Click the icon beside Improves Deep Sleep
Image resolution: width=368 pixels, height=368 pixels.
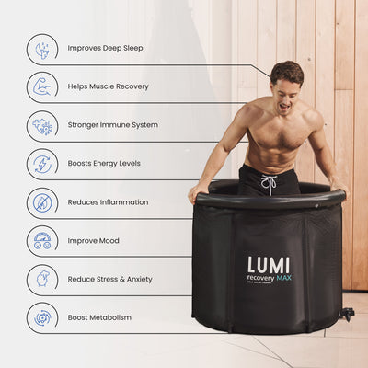click(x=42, y=48)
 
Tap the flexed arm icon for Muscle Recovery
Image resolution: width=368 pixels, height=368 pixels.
click(x=42, y=86)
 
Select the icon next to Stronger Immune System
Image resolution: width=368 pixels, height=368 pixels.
click(x=42, y=125)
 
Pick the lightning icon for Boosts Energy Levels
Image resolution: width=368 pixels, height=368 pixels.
click(x=42, y=164)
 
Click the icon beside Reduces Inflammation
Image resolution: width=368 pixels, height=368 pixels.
click(x=42, y=202)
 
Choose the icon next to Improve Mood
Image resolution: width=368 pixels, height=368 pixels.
click(x=42, y=241)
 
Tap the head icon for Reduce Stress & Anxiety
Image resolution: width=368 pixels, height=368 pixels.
click(x=42, y=279)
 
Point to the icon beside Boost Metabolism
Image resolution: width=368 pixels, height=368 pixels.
click(x=42, y=317)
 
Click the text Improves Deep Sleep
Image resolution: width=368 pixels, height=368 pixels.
click(x=106, y=48)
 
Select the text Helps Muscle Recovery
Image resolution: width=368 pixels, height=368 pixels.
click(x=109, y=86)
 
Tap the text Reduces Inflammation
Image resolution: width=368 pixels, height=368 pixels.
click(x=108, y=202)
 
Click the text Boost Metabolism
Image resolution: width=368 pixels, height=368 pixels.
click(x=99, y=317)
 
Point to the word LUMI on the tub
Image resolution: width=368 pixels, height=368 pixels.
click(x=268, y=265)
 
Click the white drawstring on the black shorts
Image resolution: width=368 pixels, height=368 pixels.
click(x=270, y=184)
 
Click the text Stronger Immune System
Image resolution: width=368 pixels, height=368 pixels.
click(x=113, y=125)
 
